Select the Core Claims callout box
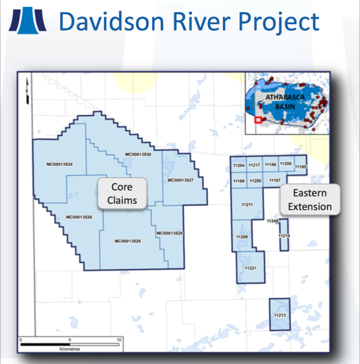pos(123,193)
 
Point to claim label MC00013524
pos(58,164)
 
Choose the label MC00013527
pos(180,180)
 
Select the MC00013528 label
pos(171,234)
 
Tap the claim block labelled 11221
pos(251,268)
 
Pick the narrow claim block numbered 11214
pos(284,237)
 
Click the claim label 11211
pos(248,204)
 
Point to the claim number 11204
pos(239,165)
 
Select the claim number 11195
pos(300,168)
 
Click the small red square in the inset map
pos(257,118)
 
